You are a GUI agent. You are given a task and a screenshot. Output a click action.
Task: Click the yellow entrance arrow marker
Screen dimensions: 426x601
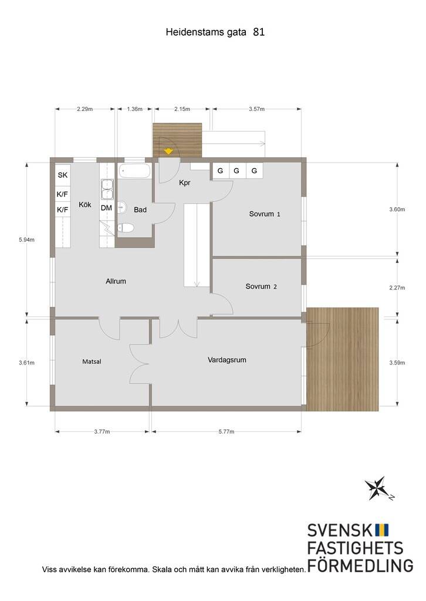168,151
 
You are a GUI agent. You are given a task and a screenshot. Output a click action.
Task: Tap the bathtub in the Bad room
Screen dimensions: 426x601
134,171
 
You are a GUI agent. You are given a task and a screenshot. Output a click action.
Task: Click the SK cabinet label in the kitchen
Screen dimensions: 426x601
63,175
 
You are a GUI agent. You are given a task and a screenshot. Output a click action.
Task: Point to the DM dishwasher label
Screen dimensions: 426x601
107,208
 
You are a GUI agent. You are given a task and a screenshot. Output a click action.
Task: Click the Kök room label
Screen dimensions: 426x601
85,204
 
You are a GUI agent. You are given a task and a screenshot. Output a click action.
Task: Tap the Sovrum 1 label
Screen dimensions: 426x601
265,214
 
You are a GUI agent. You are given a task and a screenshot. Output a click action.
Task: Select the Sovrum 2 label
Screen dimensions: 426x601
261,286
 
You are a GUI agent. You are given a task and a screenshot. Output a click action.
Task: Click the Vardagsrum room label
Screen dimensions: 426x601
227,360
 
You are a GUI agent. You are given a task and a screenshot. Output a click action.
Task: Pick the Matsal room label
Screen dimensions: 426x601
92,362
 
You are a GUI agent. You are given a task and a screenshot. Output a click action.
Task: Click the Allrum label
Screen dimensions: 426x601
116,281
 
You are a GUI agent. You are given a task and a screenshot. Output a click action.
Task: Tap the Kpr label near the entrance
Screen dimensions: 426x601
185,183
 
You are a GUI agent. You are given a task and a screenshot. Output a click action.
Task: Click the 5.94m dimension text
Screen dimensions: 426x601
27,240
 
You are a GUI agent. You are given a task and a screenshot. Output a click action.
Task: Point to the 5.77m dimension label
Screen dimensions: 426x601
226,431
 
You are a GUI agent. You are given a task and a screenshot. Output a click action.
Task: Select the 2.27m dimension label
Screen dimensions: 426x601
397,288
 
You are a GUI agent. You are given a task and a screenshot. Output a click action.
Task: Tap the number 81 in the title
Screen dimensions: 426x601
259,32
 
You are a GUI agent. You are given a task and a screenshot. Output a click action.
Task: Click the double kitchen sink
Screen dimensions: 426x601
107,190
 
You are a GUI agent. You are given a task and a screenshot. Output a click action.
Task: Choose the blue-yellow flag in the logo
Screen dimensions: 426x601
381,530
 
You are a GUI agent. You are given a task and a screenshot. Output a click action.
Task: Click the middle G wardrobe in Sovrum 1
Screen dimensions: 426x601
236,171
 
